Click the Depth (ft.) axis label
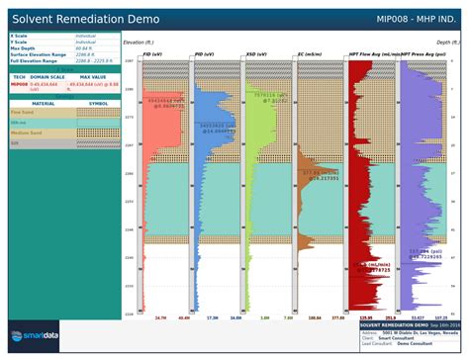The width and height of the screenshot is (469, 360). [x=447, y=44]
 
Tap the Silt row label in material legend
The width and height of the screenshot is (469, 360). [x=15, y=143]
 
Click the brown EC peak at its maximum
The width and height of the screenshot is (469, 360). [x=336, y=178]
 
